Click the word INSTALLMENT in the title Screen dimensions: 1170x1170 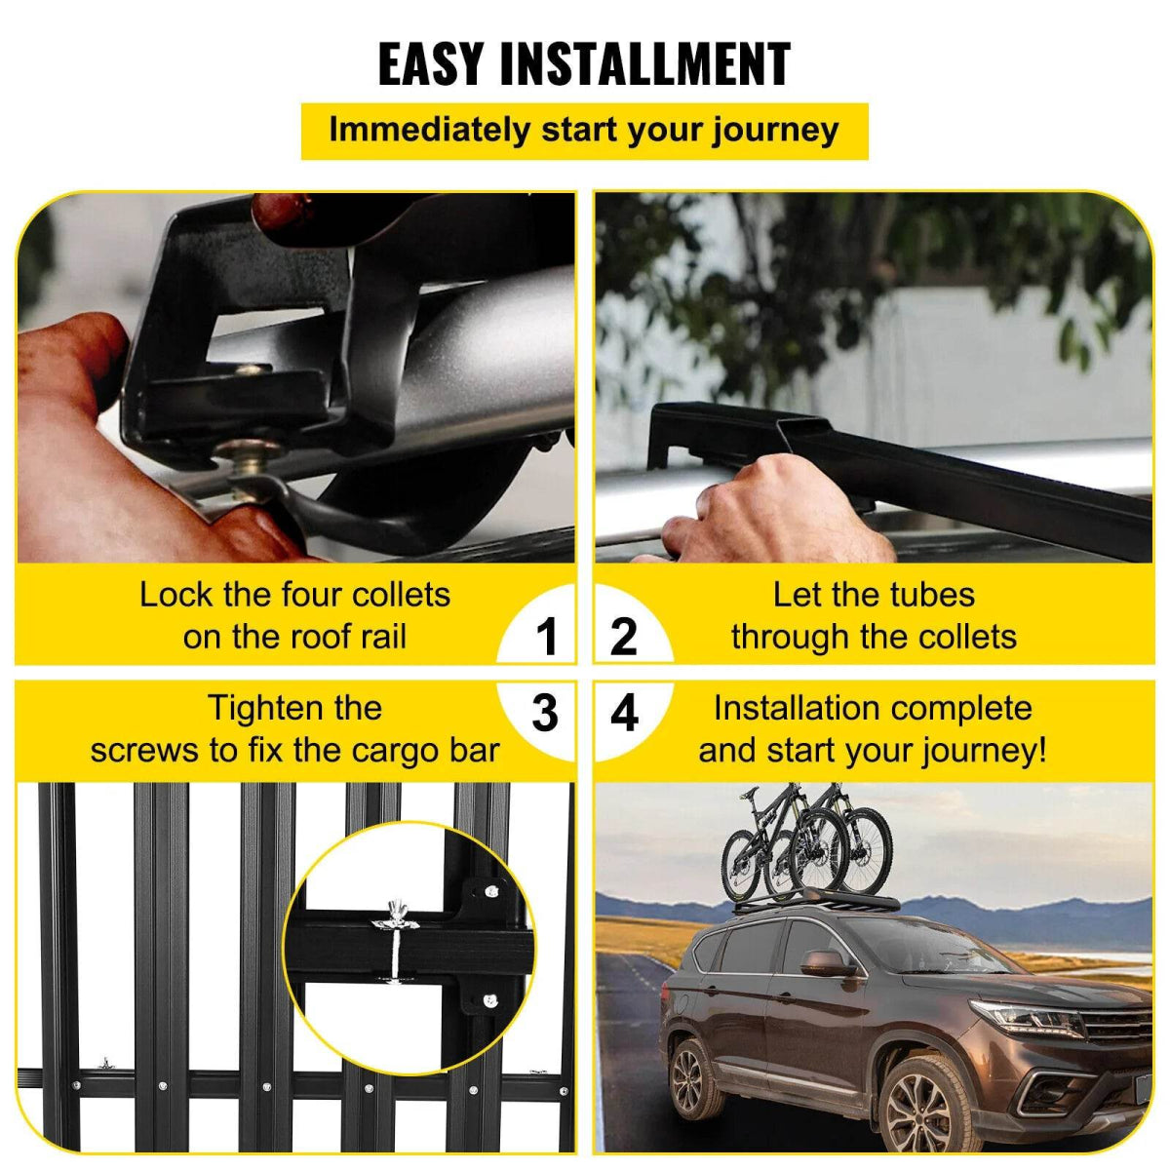click(x=644, y=64)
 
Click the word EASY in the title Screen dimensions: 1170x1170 click(x=430, y=64)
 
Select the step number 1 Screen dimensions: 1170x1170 click(x=546, y=637)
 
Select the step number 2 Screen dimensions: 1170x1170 click(x=624, y=637)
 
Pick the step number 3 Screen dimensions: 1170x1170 click(x=545, y=713)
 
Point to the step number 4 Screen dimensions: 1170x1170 click(x=624, y=713)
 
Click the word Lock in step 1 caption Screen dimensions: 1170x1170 click(x=177, y=595)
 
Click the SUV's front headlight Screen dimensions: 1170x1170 click(x=1025, y=1018)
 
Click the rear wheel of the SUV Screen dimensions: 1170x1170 click(x=691, y=1076)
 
